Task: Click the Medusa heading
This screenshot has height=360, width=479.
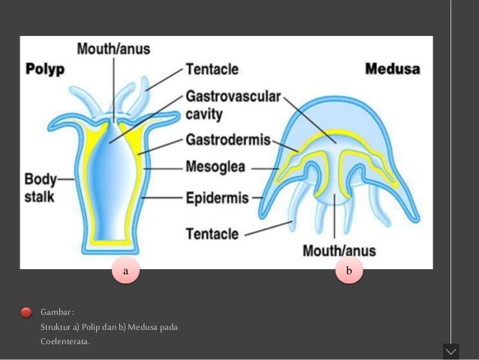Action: [x=393, y=69]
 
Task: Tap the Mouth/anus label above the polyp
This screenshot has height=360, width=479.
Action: [x=113, y=49]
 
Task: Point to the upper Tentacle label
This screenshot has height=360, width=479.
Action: [x=212, y=68]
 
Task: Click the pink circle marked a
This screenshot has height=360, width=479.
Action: [x=126, y=269]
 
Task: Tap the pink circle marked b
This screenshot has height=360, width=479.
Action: [x=348, y=269]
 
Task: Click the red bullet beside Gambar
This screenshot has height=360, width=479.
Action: [x=26, y=312]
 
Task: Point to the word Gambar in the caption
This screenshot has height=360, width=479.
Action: [x=56, y=312]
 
